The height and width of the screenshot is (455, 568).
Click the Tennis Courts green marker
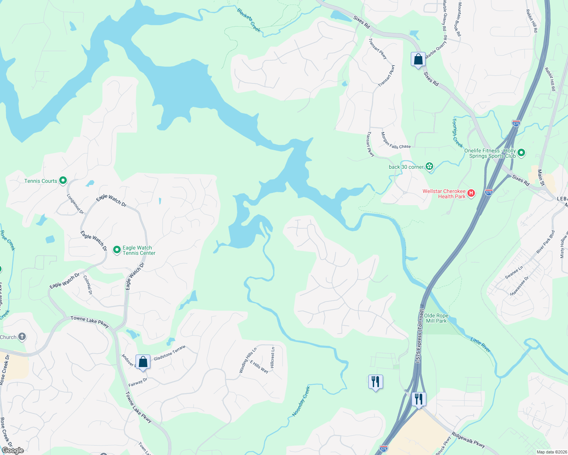(x=63, y=180)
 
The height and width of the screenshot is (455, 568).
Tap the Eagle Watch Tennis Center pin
(x=116, y=249)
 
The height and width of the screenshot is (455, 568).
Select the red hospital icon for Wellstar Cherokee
(x=471, y=193)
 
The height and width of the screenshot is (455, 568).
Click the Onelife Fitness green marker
(x=521, y=153)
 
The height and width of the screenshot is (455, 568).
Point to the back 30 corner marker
(x=429, y=166)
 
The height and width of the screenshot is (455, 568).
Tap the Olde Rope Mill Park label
(x=436, y=318)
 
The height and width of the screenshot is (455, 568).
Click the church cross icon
(x=22, y=337)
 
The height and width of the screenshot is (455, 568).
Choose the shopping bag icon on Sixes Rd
(x=418, y=60)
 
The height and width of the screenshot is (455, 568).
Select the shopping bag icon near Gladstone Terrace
(x=143, y=362)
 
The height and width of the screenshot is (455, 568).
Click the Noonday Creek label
(x=301, y=401)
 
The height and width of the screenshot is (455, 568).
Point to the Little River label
(x=480, y=345)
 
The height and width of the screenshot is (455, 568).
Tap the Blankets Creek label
(x=249, y=20)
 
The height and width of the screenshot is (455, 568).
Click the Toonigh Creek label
(x=457, y=133)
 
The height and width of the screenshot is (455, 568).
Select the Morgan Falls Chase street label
(x=396, y=141)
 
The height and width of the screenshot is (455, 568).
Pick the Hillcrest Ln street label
(x=272, y=357)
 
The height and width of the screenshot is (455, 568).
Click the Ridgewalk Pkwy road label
(x=468, y=440)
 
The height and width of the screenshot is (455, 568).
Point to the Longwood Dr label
(x=75, y=204)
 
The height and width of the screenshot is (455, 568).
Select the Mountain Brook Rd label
(x=459, y=19)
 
